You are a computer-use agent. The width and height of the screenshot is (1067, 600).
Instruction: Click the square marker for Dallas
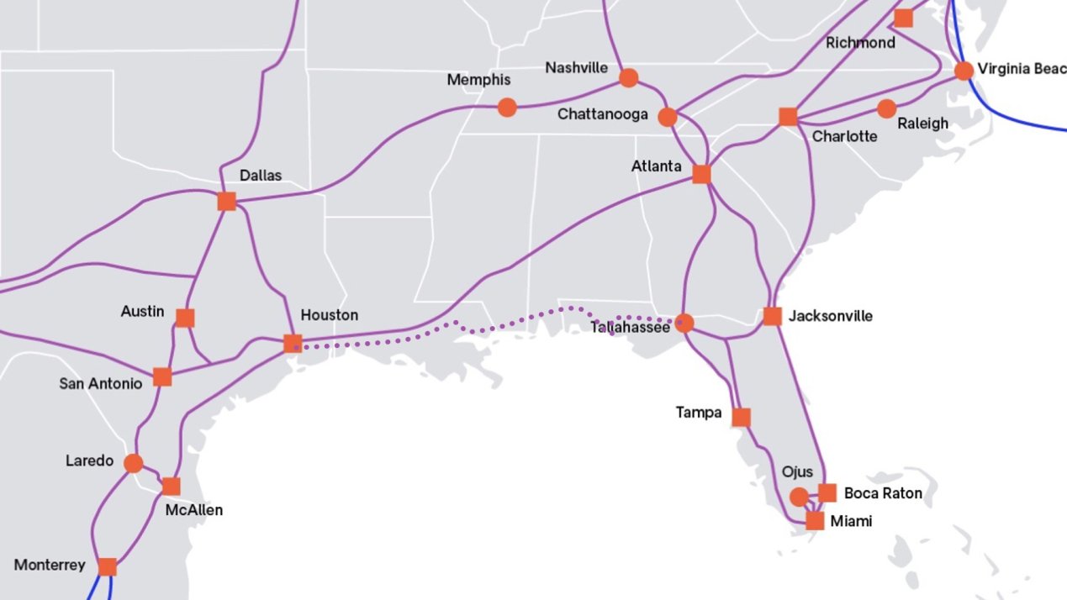(226, 201)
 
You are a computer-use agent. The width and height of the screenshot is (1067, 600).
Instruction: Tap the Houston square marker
(293, 343)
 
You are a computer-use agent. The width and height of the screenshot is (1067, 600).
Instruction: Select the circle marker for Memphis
(506, 107)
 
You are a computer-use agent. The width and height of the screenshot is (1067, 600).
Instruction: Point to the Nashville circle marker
(628, 78)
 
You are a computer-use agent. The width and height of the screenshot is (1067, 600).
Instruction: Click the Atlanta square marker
(701, 174)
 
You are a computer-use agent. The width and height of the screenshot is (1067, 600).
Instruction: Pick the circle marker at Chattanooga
(667, 117)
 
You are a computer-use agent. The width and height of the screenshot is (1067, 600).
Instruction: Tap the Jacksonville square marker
(772, 316)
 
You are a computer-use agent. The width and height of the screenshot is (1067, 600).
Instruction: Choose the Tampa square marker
(741, 417)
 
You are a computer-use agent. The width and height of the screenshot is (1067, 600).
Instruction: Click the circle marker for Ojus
(799, 497)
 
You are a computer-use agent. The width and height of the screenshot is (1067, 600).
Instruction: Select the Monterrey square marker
(107, 566)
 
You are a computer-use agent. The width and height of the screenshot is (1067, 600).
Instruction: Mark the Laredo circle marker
(133, 463)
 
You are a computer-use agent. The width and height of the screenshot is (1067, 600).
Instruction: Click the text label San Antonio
(101, 383)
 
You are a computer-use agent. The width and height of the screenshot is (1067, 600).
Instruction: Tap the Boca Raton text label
(883, 493)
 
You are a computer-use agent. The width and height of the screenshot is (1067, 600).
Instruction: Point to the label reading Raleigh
(922, 124)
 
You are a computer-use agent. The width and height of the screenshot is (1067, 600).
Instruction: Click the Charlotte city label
(844, 136)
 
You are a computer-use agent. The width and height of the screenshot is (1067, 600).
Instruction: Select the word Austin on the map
(143, 311)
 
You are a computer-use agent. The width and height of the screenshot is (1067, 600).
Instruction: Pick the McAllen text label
(193, 509)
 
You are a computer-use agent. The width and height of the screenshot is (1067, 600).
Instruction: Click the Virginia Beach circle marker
(964, 71)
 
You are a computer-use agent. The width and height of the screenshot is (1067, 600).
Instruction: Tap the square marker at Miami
(814, 521)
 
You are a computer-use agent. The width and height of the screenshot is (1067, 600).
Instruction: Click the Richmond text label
(860, 43)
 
